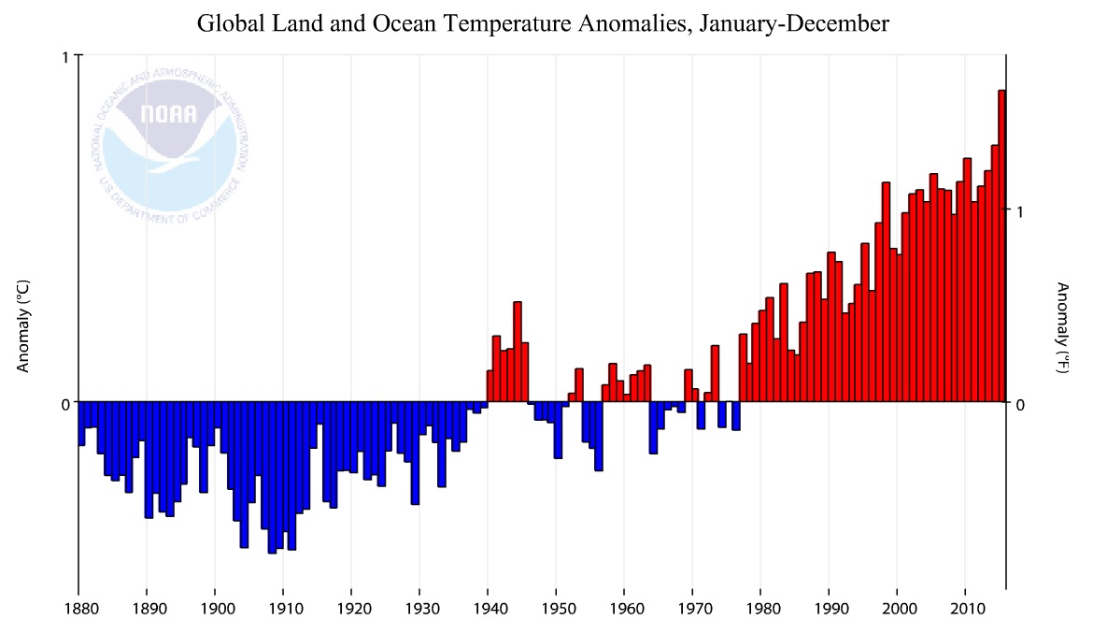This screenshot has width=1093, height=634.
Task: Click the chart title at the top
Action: (x=543, y=23)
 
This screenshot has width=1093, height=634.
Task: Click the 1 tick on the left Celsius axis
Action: (x=66, y=57)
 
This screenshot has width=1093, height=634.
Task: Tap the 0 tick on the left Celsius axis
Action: (x=66, y=403)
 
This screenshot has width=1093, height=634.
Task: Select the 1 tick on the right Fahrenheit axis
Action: (x=1021, y=211)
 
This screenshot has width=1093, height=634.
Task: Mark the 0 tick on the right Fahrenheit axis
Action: (x=1021, y=403)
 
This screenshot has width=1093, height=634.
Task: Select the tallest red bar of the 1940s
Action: (x=518, y=352)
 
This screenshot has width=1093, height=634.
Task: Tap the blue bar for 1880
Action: (x=81, y=423)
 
